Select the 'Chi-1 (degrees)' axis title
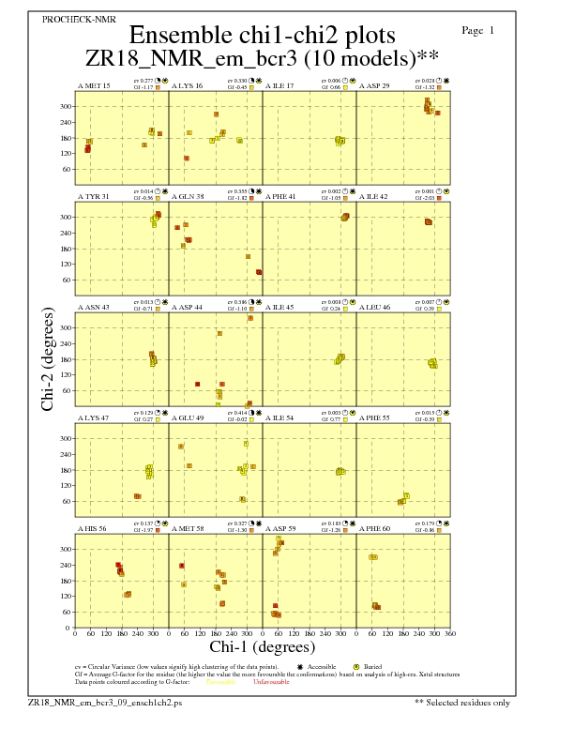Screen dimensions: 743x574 point(262,646)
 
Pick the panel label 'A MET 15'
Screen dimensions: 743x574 point(93,85)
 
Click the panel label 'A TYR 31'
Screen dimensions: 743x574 point(93,196)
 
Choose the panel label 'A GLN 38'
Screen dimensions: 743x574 point(188,196)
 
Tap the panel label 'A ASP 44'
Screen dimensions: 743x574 point(188,307)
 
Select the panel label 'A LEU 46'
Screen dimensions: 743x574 point(375,307)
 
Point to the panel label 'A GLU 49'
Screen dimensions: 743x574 point(188,417)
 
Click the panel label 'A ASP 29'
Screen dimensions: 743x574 point(375,85)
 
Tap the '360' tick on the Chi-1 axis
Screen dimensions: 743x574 point(450,635)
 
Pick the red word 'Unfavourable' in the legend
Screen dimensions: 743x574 point(270,681)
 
